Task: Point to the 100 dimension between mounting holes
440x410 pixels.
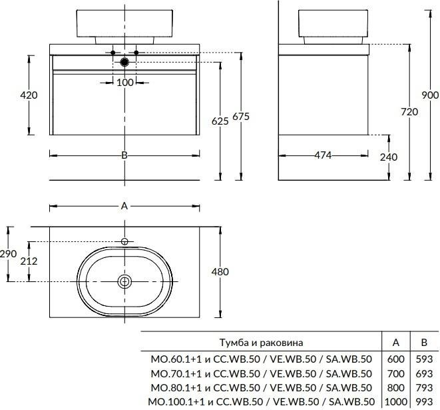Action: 125,82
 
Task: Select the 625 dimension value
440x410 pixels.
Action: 220,121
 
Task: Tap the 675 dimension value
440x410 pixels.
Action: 240,117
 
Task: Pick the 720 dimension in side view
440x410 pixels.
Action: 409,112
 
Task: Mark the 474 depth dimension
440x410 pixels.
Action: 323,156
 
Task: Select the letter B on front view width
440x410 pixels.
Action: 124,155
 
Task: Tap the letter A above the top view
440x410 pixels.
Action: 124,206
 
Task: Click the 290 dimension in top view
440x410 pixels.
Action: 8,254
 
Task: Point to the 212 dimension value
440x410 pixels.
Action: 29,261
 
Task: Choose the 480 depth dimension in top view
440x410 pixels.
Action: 220,271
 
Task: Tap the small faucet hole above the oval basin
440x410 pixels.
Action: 124,241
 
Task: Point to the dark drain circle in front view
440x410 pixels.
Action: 124,62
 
